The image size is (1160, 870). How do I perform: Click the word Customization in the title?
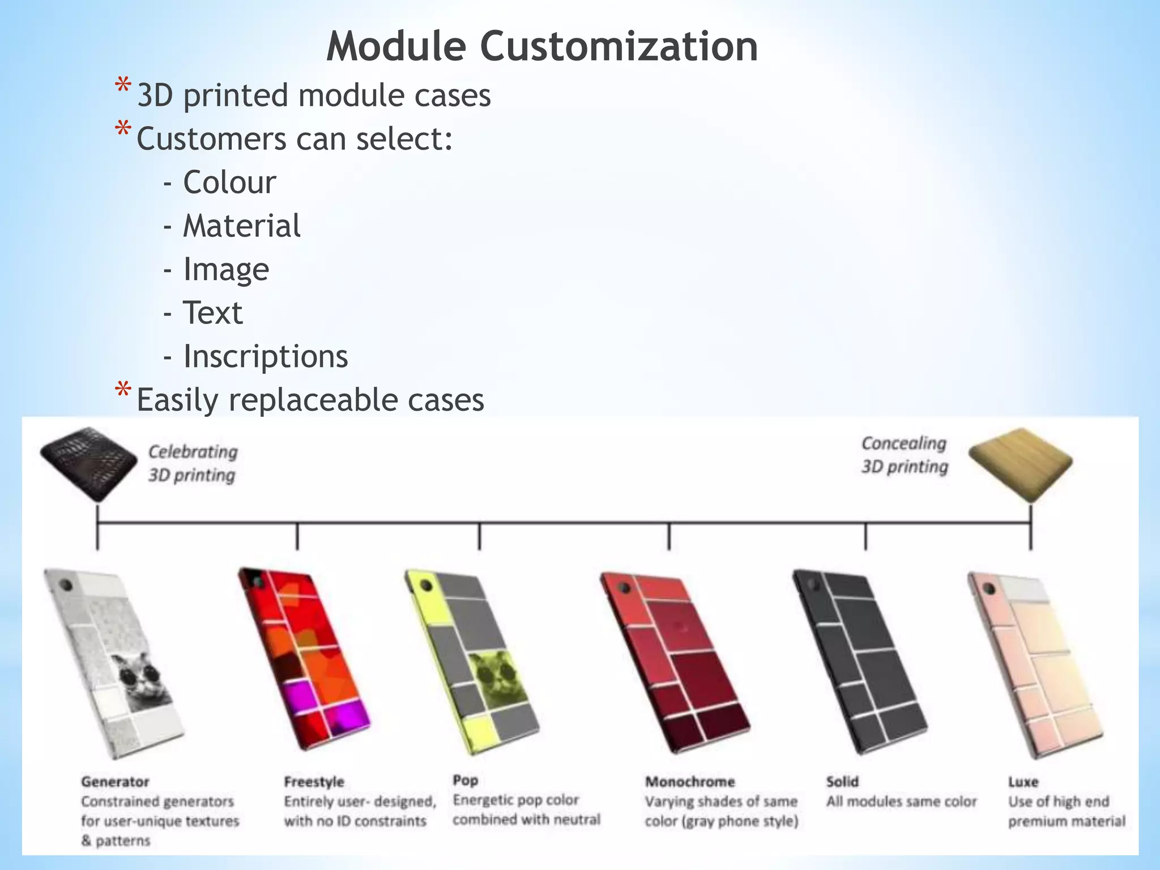point(619,46)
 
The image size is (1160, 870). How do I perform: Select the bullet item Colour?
point(229,182)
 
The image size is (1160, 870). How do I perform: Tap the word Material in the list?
point(242,226)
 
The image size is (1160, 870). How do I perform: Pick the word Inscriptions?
point(266,356)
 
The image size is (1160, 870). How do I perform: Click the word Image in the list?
point(226,269)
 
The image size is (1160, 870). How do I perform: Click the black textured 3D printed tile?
point(89,462)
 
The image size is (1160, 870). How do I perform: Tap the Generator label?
point(115,782)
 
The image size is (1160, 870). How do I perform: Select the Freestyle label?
point(314,782)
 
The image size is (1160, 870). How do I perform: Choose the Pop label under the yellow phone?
point(466,780)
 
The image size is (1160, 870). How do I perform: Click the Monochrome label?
point(690,782)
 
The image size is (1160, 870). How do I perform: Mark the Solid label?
point(842,782)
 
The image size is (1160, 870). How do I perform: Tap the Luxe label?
point(1023,782)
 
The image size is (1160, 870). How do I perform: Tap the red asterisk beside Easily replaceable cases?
point(123,391)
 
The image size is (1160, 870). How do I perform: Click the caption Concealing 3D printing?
point(904,455)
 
